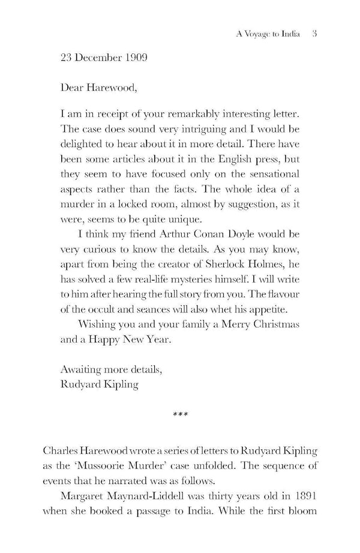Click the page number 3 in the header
click(314, 34)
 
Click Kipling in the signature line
click(119, 384)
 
